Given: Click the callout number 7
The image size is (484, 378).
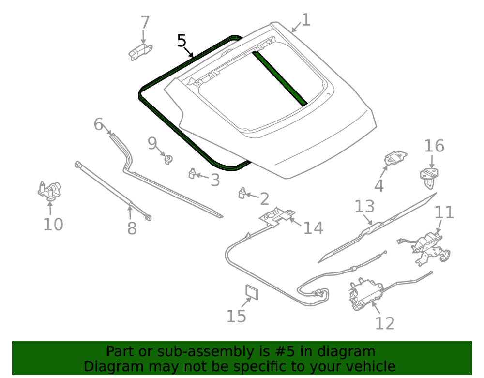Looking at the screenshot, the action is (145, 23).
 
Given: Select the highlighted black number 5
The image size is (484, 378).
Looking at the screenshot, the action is (182, 41).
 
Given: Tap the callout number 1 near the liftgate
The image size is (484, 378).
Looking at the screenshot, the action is (305, 19).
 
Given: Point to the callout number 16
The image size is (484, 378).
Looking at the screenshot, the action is (434, 146).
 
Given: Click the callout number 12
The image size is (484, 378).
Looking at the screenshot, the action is (385, 323).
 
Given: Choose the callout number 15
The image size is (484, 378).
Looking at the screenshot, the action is (237, 316).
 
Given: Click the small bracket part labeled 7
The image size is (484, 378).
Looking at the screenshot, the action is (140, 52).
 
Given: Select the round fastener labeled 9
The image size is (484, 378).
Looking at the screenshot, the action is (168, 160).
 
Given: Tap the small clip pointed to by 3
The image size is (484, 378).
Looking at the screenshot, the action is (192, 173).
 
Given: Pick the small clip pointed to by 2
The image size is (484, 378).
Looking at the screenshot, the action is (242, 193).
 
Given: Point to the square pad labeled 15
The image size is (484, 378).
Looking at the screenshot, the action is (252, 292).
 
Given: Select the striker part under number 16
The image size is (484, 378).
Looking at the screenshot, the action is (429, 178).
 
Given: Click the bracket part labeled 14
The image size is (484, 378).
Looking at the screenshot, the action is (276, 217).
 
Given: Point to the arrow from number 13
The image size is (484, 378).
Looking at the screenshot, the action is (368, 220).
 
